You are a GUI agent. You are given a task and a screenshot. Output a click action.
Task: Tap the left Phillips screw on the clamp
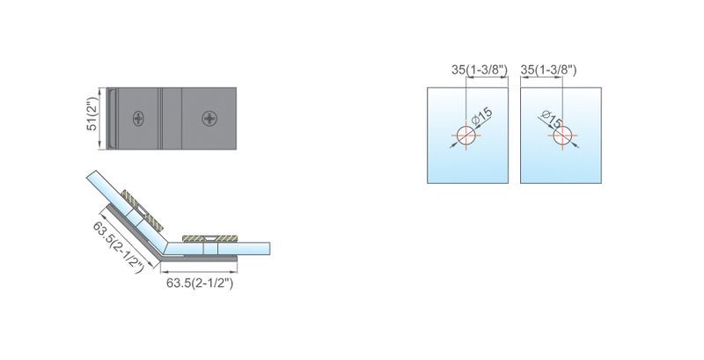click(139, 119)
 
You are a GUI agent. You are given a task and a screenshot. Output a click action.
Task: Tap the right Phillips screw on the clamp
click(209, 119)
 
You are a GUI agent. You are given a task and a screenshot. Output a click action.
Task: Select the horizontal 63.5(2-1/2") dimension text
click(200, 283)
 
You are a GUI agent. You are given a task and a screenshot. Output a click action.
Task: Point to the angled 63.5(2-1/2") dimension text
click(119, 246)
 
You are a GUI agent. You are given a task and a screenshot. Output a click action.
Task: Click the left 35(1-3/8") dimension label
click(479, 70)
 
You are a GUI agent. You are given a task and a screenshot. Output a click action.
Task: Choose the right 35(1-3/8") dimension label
click(548, 70)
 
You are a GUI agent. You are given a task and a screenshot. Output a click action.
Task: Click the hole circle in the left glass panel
click(466, 136)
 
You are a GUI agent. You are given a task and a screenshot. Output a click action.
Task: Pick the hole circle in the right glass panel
click(562, 136)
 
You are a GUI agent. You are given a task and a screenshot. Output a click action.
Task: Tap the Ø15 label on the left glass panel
click(482, 117)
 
